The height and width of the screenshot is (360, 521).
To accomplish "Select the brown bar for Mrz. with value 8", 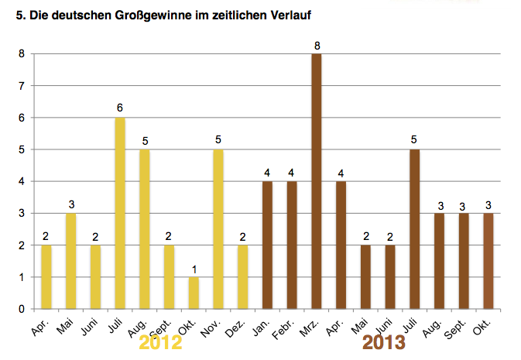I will pyautogui.click(x=317, y=181).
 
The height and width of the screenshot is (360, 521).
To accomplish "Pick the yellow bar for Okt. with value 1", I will pyautogui.click(x=194, y=293).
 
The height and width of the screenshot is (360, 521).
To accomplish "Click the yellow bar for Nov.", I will pyautogui.click(x=218, y=229).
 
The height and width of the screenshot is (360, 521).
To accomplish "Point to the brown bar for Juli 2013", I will pyautogui.click(x=415, y=229).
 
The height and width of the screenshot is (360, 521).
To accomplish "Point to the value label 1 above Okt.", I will pyautogui.click(x=194, y=269).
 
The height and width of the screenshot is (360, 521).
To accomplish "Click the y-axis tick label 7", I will pyautogui.click(x=22, y=86).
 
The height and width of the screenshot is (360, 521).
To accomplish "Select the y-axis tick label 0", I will pyautogui.click(x=22, y=309).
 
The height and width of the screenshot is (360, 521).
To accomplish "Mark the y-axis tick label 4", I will pyautogui.click(x=22, y=181).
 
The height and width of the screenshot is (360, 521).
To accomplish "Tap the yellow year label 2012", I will pyautogui.click(x=160, y=342).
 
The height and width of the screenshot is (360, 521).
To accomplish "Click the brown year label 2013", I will pyautogui.click(x=385, y=342).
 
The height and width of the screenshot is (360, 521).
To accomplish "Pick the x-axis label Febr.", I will pyautogui.click(x=285, y=327).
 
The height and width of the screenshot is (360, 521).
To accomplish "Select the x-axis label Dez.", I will pyautogui.click(x=236, y=325).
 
